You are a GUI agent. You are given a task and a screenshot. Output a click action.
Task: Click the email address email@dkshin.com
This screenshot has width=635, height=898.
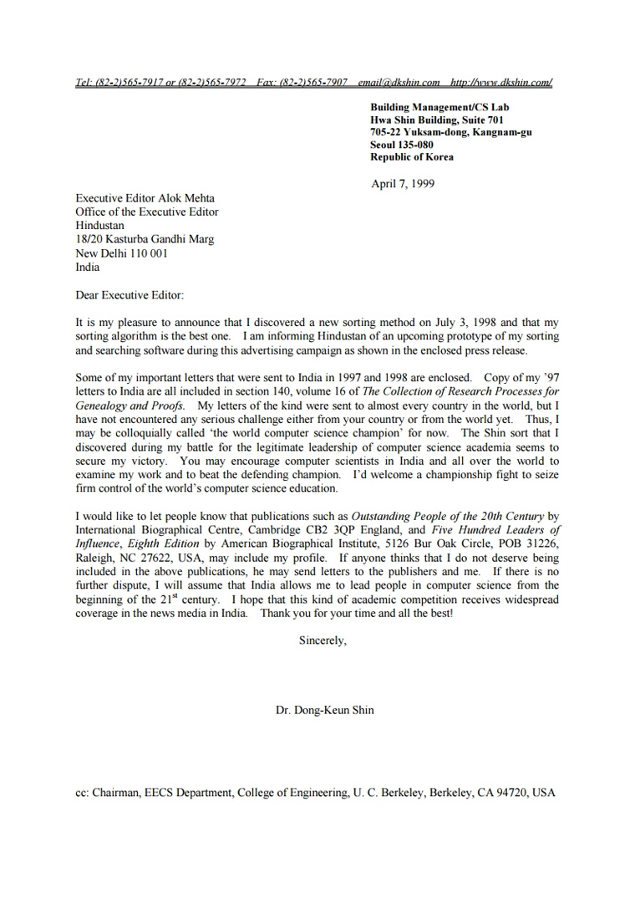click(399, 83)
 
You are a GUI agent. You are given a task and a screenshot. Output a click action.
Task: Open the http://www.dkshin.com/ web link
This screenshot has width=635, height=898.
click(500, 83)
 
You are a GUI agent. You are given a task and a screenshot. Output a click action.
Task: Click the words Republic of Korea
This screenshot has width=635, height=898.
click(412, 157)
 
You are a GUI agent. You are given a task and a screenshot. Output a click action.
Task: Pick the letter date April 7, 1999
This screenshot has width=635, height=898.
click(403, 184)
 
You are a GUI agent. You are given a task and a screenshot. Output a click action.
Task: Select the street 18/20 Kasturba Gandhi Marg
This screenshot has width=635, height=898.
click(145, 239)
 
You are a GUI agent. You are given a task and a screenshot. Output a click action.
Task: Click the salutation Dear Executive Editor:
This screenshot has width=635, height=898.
click(129, 294)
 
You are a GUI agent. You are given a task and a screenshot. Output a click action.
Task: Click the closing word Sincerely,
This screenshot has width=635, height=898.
click(323, 641)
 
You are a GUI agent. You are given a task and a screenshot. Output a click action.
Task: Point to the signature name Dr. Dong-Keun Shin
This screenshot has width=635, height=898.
click(325, 710)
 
